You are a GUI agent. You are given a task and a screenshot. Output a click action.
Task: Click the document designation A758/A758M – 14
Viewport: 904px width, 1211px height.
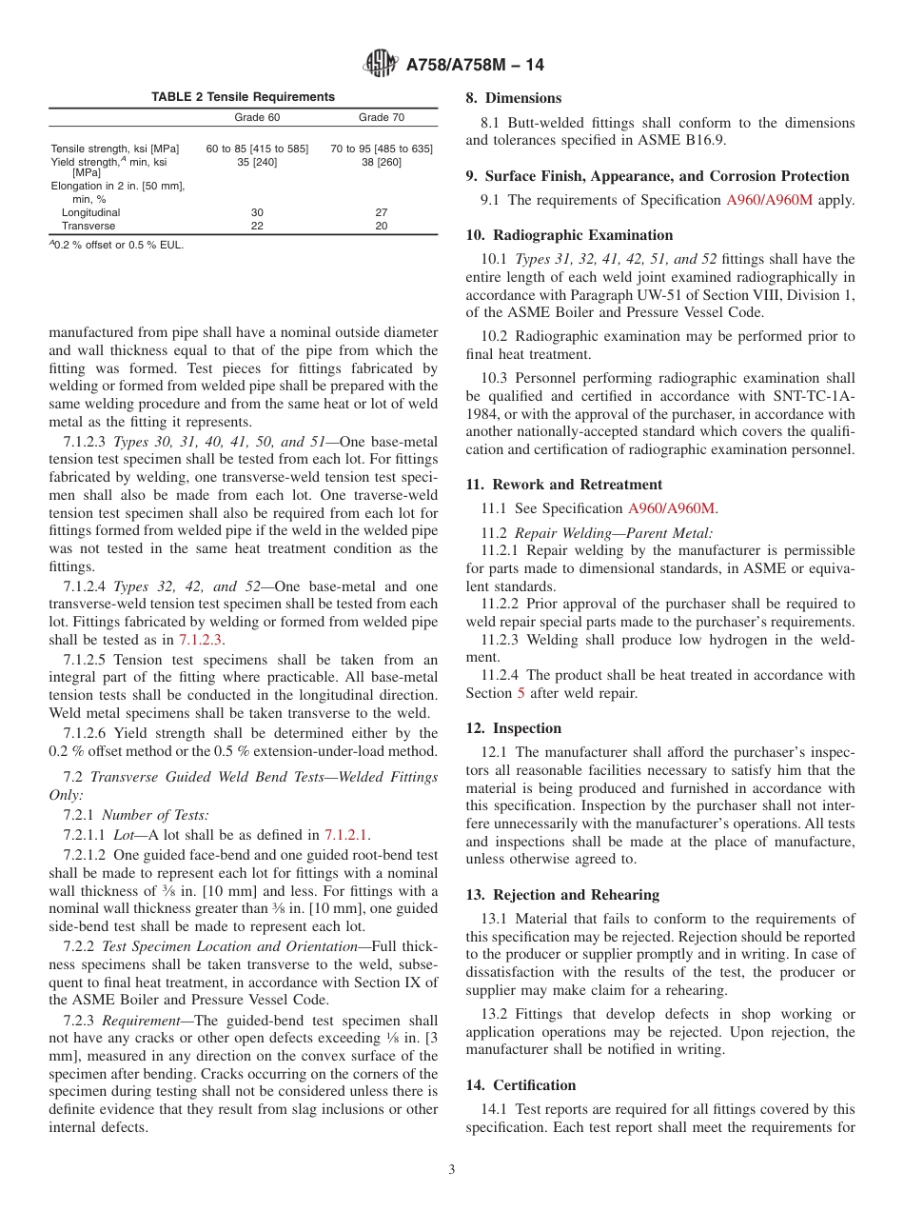click(475, 66)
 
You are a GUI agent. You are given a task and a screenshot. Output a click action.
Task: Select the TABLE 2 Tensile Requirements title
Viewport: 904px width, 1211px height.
click(244, 97)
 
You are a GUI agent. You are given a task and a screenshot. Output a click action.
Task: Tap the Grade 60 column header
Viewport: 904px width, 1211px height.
click(257, 117)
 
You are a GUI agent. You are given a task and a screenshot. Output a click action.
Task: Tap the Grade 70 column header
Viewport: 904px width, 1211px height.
click(381, 117)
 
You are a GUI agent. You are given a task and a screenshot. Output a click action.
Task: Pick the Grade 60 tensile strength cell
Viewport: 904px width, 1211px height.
click(257, 149)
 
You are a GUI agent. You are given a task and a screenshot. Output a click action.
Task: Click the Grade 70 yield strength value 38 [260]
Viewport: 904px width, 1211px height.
click(381, 162)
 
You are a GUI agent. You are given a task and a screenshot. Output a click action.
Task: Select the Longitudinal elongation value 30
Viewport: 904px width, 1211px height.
click(257, 212)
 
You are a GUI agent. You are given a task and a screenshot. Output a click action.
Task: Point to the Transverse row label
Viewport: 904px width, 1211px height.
click(90, 226)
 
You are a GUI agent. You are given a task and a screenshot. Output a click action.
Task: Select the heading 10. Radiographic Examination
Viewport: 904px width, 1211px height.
click(569, 235)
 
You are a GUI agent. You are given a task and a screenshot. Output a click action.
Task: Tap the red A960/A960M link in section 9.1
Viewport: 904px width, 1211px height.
click(769, 200)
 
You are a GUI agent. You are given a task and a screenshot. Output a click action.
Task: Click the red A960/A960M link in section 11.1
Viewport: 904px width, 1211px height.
click(671, 509)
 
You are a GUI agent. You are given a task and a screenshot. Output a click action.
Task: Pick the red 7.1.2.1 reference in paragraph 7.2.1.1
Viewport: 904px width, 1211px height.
click(347, 834)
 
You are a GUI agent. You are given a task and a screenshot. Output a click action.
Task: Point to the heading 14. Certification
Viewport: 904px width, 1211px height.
click(521, 1085)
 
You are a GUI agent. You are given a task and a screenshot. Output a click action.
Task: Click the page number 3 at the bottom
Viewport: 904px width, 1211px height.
click(452, 1170)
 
